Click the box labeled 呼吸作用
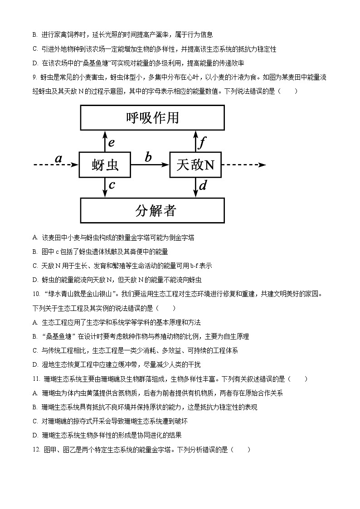point(152,118)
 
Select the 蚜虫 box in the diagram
point(105,165)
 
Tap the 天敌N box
point(195,165)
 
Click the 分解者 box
point(152,210)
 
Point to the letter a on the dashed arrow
point(58,158)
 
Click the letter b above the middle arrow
point(148,157)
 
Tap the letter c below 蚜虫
point(112,185)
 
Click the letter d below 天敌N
point(203,185)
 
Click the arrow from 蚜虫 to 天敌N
point(150,165)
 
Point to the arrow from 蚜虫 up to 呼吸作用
point(105,141)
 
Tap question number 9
point(34,78)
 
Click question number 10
point(37,294)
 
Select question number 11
point(37,379)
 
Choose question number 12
point(37,450)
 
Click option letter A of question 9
point(35,238)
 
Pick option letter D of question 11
point(35,436)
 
